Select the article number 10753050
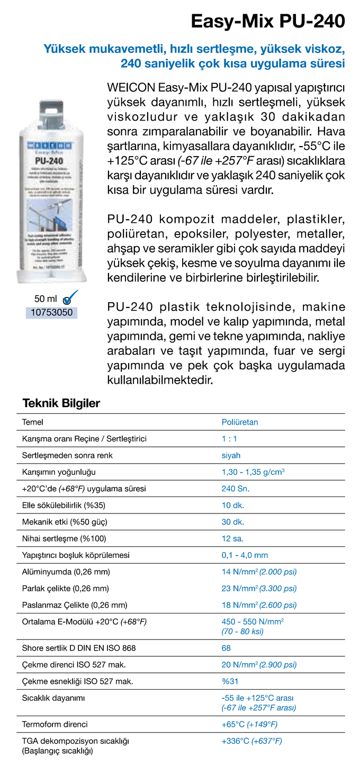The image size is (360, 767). coord(51,312)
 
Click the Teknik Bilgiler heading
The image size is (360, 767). coord(61,403)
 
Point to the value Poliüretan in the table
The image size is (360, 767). coord(239,422)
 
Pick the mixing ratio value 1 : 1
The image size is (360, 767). coord(230,439)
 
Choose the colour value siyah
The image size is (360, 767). coord(231,455)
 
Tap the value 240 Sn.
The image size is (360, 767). coord(235,489)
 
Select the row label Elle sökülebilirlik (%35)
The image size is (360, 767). coord(64,505)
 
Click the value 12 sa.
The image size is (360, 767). coord(232,538)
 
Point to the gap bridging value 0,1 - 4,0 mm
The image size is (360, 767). coord(245,555)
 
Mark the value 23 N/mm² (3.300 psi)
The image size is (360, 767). coord(259,588)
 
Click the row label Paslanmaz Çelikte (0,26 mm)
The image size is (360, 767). coord(75,604)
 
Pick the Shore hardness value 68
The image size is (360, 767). coord(226,647)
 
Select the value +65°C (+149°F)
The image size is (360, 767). coord(249,724)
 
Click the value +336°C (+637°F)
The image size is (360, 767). coord(251,741)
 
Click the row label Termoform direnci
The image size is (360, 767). coord(55,724)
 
